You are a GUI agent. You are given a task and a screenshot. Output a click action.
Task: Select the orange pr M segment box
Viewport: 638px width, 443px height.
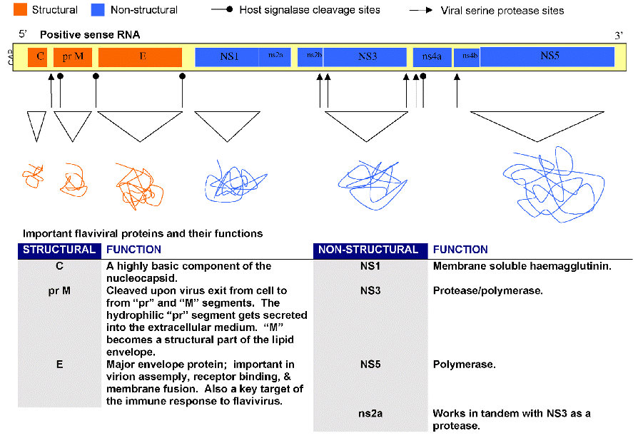coord(73,57)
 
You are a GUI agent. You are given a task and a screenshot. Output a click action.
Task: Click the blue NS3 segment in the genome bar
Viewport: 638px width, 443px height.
coord(367,57)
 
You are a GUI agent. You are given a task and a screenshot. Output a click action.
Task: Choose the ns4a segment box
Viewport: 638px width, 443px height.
coord(431,57)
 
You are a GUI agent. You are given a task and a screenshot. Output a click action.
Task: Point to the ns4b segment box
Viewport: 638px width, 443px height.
coord(467,57)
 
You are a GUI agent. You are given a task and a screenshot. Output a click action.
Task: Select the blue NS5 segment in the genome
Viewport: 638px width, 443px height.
coord(547,57)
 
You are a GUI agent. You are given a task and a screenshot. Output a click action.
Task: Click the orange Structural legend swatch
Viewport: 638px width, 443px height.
coord(21,10)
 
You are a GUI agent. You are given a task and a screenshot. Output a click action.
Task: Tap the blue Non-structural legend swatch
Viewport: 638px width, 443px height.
coord(99,10)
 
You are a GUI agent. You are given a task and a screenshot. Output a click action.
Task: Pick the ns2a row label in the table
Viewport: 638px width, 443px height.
coord(370,414)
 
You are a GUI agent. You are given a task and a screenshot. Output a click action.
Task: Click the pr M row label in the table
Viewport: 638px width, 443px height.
coord(59,291)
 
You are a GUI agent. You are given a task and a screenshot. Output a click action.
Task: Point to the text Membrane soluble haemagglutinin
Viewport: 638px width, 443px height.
coord(522,266)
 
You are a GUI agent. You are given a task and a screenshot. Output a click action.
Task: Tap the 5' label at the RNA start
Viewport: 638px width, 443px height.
coord(23,34)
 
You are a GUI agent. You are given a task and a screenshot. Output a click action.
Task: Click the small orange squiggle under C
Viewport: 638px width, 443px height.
coord(32,175)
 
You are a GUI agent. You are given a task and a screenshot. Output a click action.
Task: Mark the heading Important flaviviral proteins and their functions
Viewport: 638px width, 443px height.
coord(143,233)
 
